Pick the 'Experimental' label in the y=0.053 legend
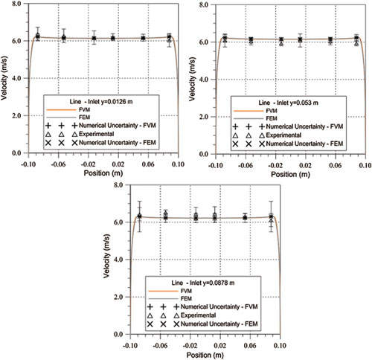(283, 135)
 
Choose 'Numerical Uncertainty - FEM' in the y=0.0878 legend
(219, 324)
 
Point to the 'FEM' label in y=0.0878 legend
(186, 298)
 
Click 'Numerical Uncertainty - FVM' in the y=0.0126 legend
(118, 126)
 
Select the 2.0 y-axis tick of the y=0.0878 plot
(118, 297)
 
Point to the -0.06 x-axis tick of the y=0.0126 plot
(58, 164)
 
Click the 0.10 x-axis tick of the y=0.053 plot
(365, 165)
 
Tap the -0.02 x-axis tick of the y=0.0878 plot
(190, 345)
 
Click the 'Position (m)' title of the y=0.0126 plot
(103, 173)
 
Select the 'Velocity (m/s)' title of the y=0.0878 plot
(106, 256)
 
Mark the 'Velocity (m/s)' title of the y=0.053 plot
(192, 79)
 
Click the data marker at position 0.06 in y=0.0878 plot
(245, 218)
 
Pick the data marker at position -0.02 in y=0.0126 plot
(94, 38)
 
